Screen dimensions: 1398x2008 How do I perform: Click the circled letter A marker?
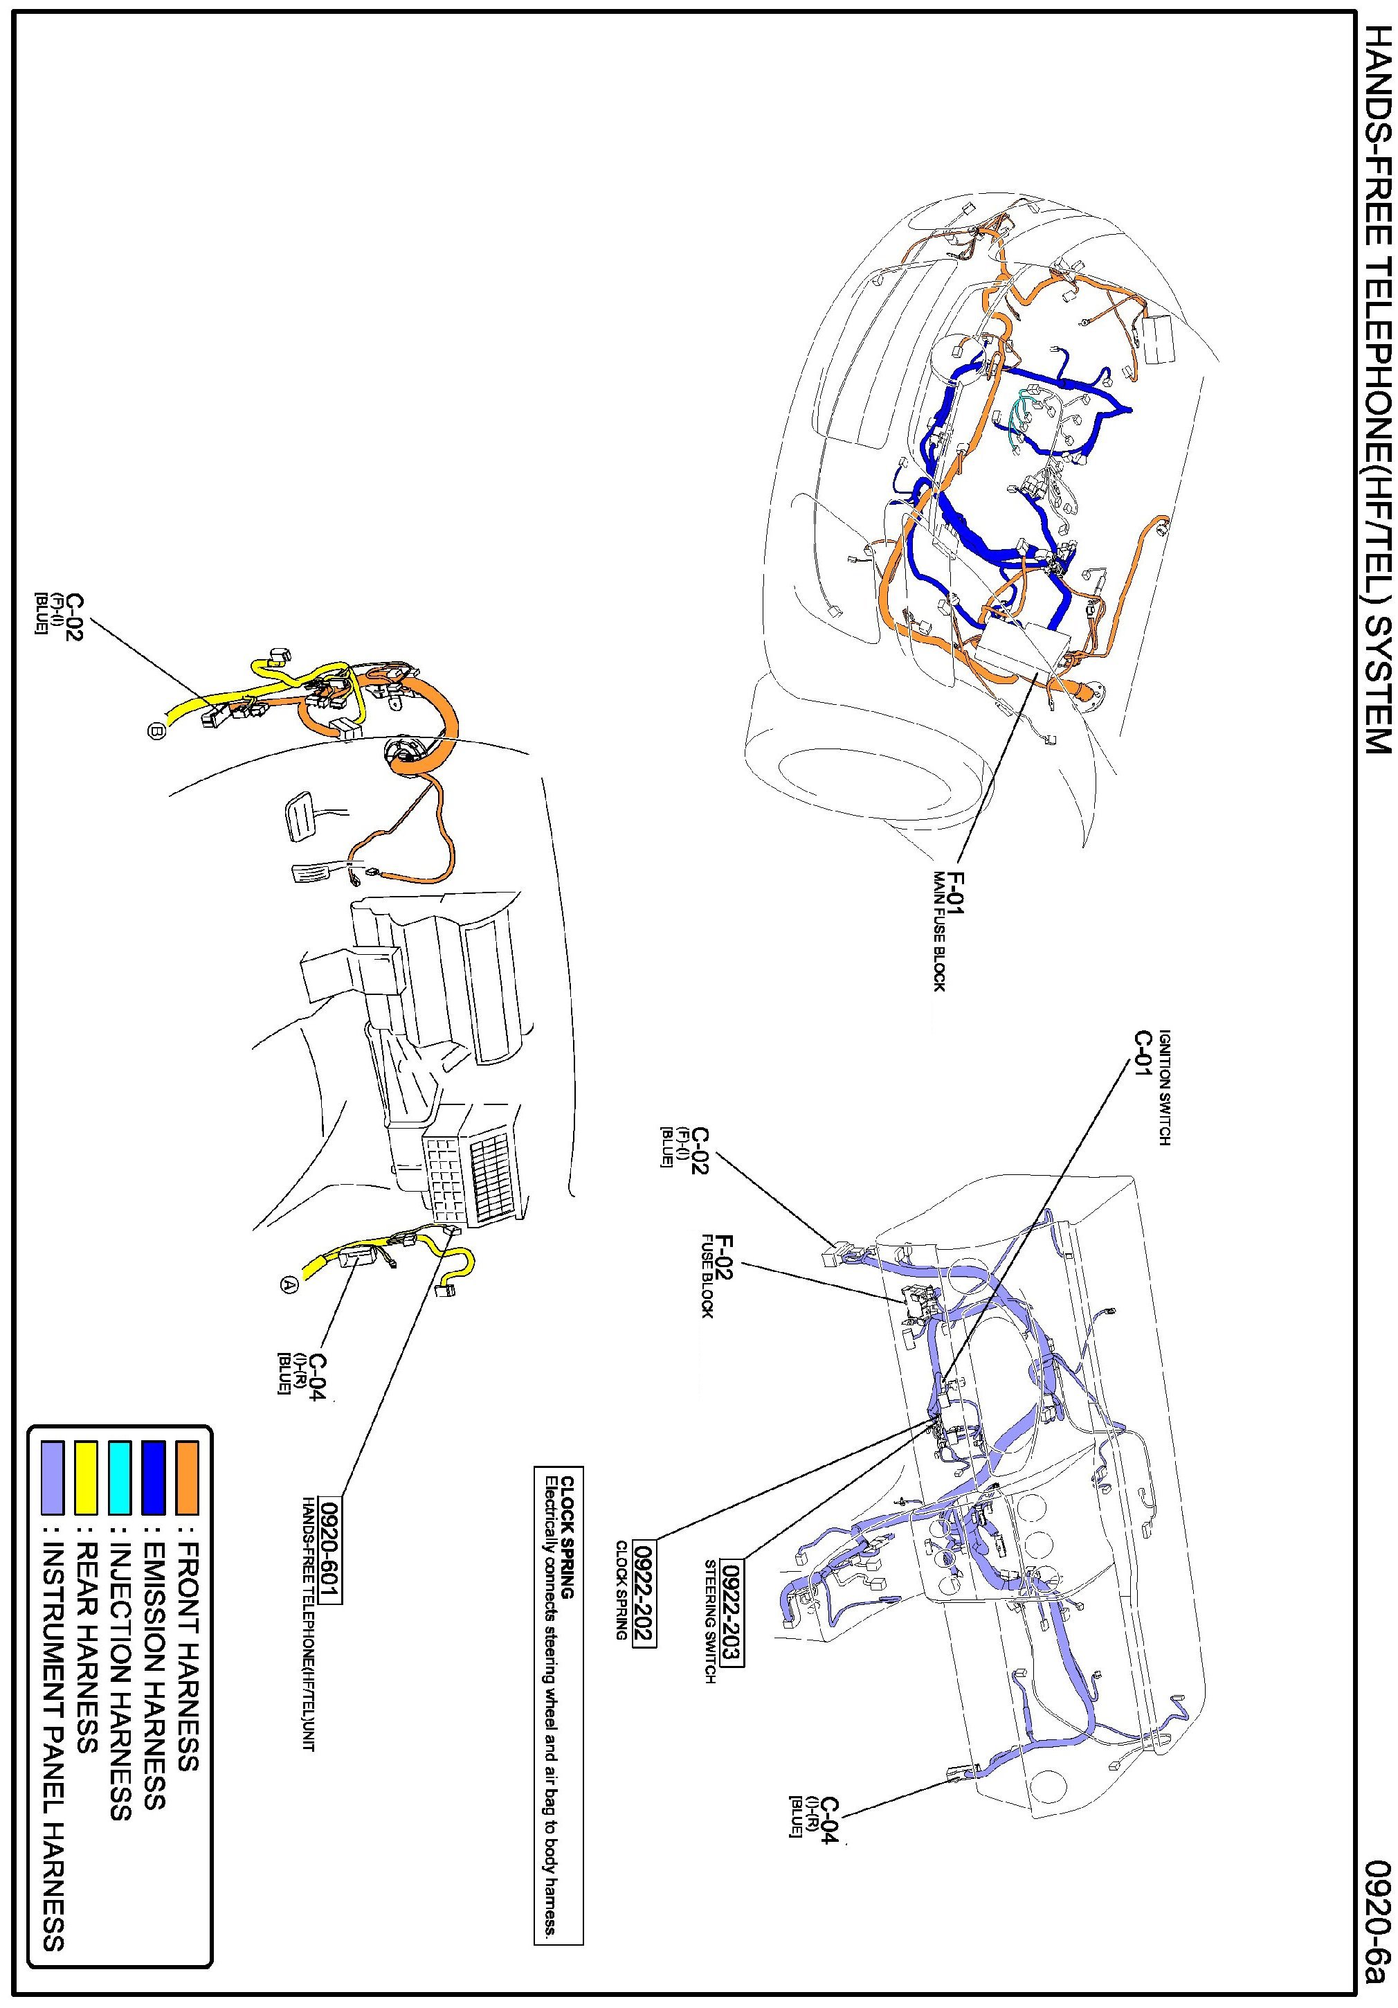(x=289, y=1284)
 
